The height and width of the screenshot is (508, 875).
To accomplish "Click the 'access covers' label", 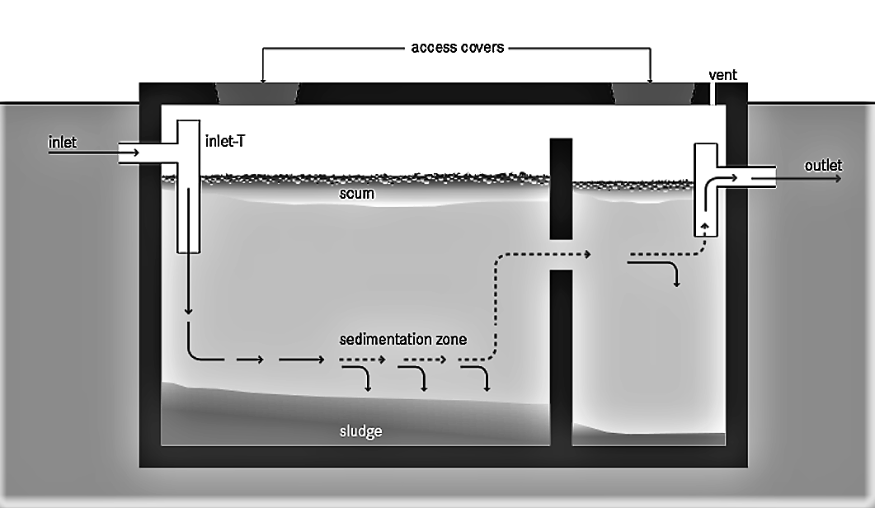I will point(457,47).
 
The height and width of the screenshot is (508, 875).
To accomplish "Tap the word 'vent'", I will point(722,75).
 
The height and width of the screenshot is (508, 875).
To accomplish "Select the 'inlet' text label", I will point(63,143).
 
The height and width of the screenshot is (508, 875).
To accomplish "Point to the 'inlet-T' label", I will point(224,142).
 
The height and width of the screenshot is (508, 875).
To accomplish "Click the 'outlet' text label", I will point(823,166).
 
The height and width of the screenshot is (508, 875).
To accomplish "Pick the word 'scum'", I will point(356,195).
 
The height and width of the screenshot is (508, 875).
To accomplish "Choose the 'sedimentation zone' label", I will point(403,339).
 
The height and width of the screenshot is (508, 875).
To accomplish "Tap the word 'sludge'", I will point(361,431).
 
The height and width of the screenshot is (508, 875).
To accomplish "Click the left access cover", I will point(256,93).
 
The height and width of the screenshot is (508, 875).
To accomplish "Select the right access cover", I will point(652,93).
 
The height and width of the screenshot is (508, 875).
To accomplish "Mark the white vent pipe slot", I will point(713,93).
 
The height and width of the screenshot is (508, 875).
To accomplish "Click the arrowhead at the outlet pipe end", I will point(838,177).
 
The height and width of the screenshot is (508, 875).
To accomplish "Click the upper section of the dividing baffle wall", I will point(561,190).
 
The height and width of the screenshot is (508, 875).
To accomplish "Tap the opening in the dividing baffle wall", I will point(561,255).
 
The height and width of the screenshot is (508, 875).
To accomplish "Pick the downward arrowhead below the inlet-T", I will point(189,311).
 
